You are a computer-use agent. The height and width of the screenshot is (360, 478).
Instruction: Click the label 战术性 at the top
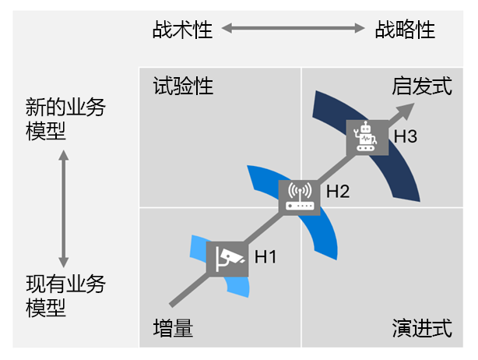[x=183, y=30]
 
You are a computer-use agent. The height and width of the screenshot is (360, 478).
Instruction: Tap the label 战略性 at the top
[x=405, y=30]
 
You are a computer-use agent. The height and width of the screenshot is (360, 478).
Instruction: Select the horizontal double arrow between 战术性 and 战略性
[x=293, y=30]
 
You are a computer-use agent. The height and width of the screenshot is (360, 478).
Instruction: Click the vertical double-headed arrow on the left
[x=64, y=208]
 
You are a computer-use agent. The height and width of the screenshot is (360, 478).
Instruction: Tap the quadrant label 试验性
[x=183, y=86]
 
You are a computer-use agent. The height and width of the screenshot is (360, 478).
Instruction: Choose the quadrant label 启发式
[x=421, y=86]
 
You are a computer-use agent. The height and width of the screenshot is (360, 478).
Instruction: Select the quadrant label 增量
[x=173, y=329]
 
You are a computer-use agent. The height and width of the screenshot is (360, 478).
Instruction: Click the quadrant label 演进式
[x=421, y=329]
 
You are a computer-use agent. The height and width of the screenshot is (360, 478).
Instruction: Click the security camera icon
[x=227, y=256]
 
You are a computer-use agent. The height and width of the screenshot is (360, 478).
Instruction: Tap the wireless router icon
[x=299, y=196]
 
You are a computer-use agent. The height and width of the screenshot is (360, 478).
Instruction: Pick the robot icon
[x=365, y=136]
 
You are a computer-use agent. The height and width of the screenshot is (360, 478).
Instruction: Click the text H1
[x=265, y=255]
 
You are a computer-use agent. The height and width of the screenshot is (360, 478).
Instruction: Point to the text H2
[x=338, y=189]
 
